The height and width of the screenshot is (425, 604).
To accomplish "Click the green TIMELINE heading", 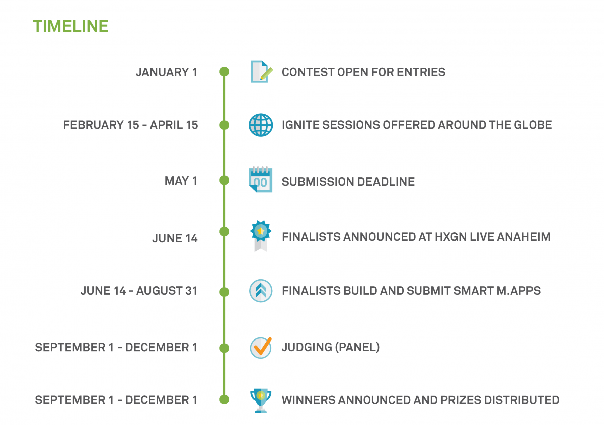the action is (70, 26).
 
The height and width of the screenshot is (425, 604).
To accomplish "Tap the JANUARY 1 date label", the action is (167, 72).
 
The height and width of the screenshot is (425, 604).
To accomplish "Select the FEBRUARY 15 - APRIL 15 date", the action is (130, 125).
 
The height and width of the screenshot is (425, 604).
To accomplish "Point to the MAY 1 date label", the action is (181, 180).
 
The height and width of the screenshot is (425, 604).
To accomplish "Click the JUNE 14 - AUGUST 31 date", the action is (139, 291).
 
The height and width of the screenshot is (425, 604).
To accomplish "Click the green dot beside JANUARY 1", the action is (224, 72).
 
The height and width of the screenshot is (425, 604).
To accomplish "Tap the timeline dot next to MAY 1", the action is (224, 180).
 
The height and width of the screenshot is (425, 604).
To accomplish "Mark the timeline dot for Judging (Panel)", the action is (224, 348).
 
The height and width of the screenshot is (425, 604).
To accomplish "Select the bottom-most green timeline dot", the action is (224, 399).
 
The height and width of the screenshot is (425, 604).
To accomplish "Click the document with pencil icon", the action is (261, 72).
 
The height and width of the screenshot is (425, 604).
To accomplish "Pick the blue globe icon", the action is (261, 125).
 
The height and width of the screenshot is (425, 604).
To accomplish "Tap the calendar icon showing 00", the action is (260, 180).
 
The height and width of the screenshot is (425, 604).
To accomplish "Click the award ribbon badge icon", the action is (261, 236).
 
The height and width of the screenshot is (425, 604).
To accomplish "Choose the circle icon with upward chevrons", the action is (261, 291).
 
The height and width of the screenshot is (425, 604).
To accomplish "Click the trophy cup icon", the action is (261, 400).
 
